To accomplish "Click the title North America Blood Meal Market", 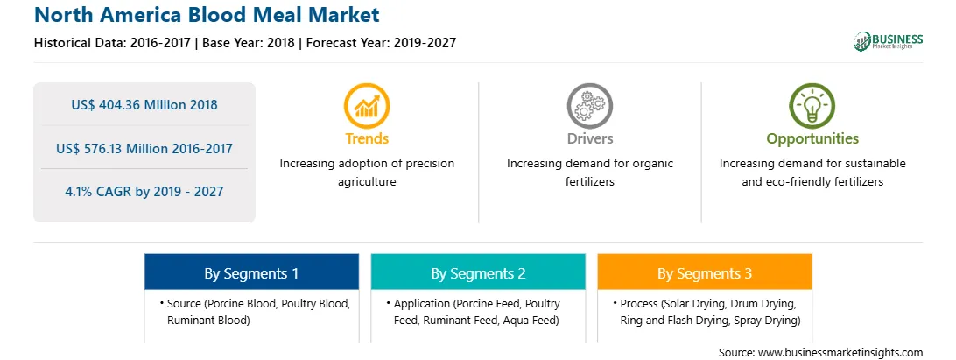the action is [207, 15].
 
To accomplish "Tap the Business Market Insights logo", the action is [888, 41].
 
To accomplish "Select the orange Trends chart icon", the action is [367, 106].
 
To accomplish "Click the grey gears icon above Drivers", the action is [589, 106].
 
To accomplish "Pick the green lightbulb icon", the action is [812, 106].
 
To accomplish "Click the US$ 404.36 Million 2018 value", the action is [144, 105].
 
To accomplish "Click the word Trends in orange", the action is [367, 138].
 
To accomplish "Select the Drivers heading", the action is [589, 138].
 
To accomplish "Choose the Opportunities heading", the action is [812, 138].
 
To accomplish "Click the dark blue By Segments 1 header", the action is [252, 272].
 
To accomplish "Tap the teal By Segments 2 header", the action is [478, 272].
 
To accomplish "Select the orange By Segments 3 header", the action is [705, 272].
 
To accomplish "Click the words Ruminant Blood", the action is [208, 321].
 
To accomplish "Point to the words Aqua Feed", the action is [531, 321].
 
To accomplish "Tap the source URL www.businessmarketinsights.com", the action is [840, 353].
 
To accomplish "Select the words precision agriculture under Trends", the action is [367, 173].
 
